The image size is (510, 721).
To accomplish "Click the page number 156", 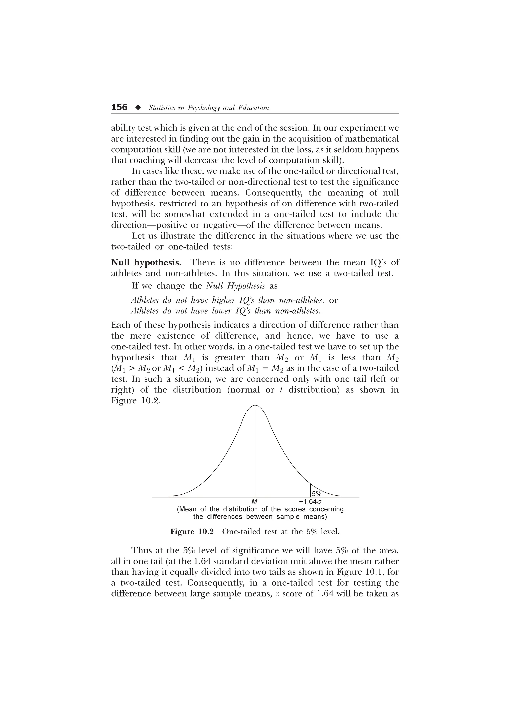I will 119,107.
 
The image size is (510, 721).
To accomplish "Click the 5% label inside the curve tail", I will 317,493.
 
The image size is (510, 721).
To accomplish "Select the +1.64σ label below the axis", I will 310,502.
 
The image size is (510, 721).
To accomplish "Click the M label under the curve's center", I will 255,502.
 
